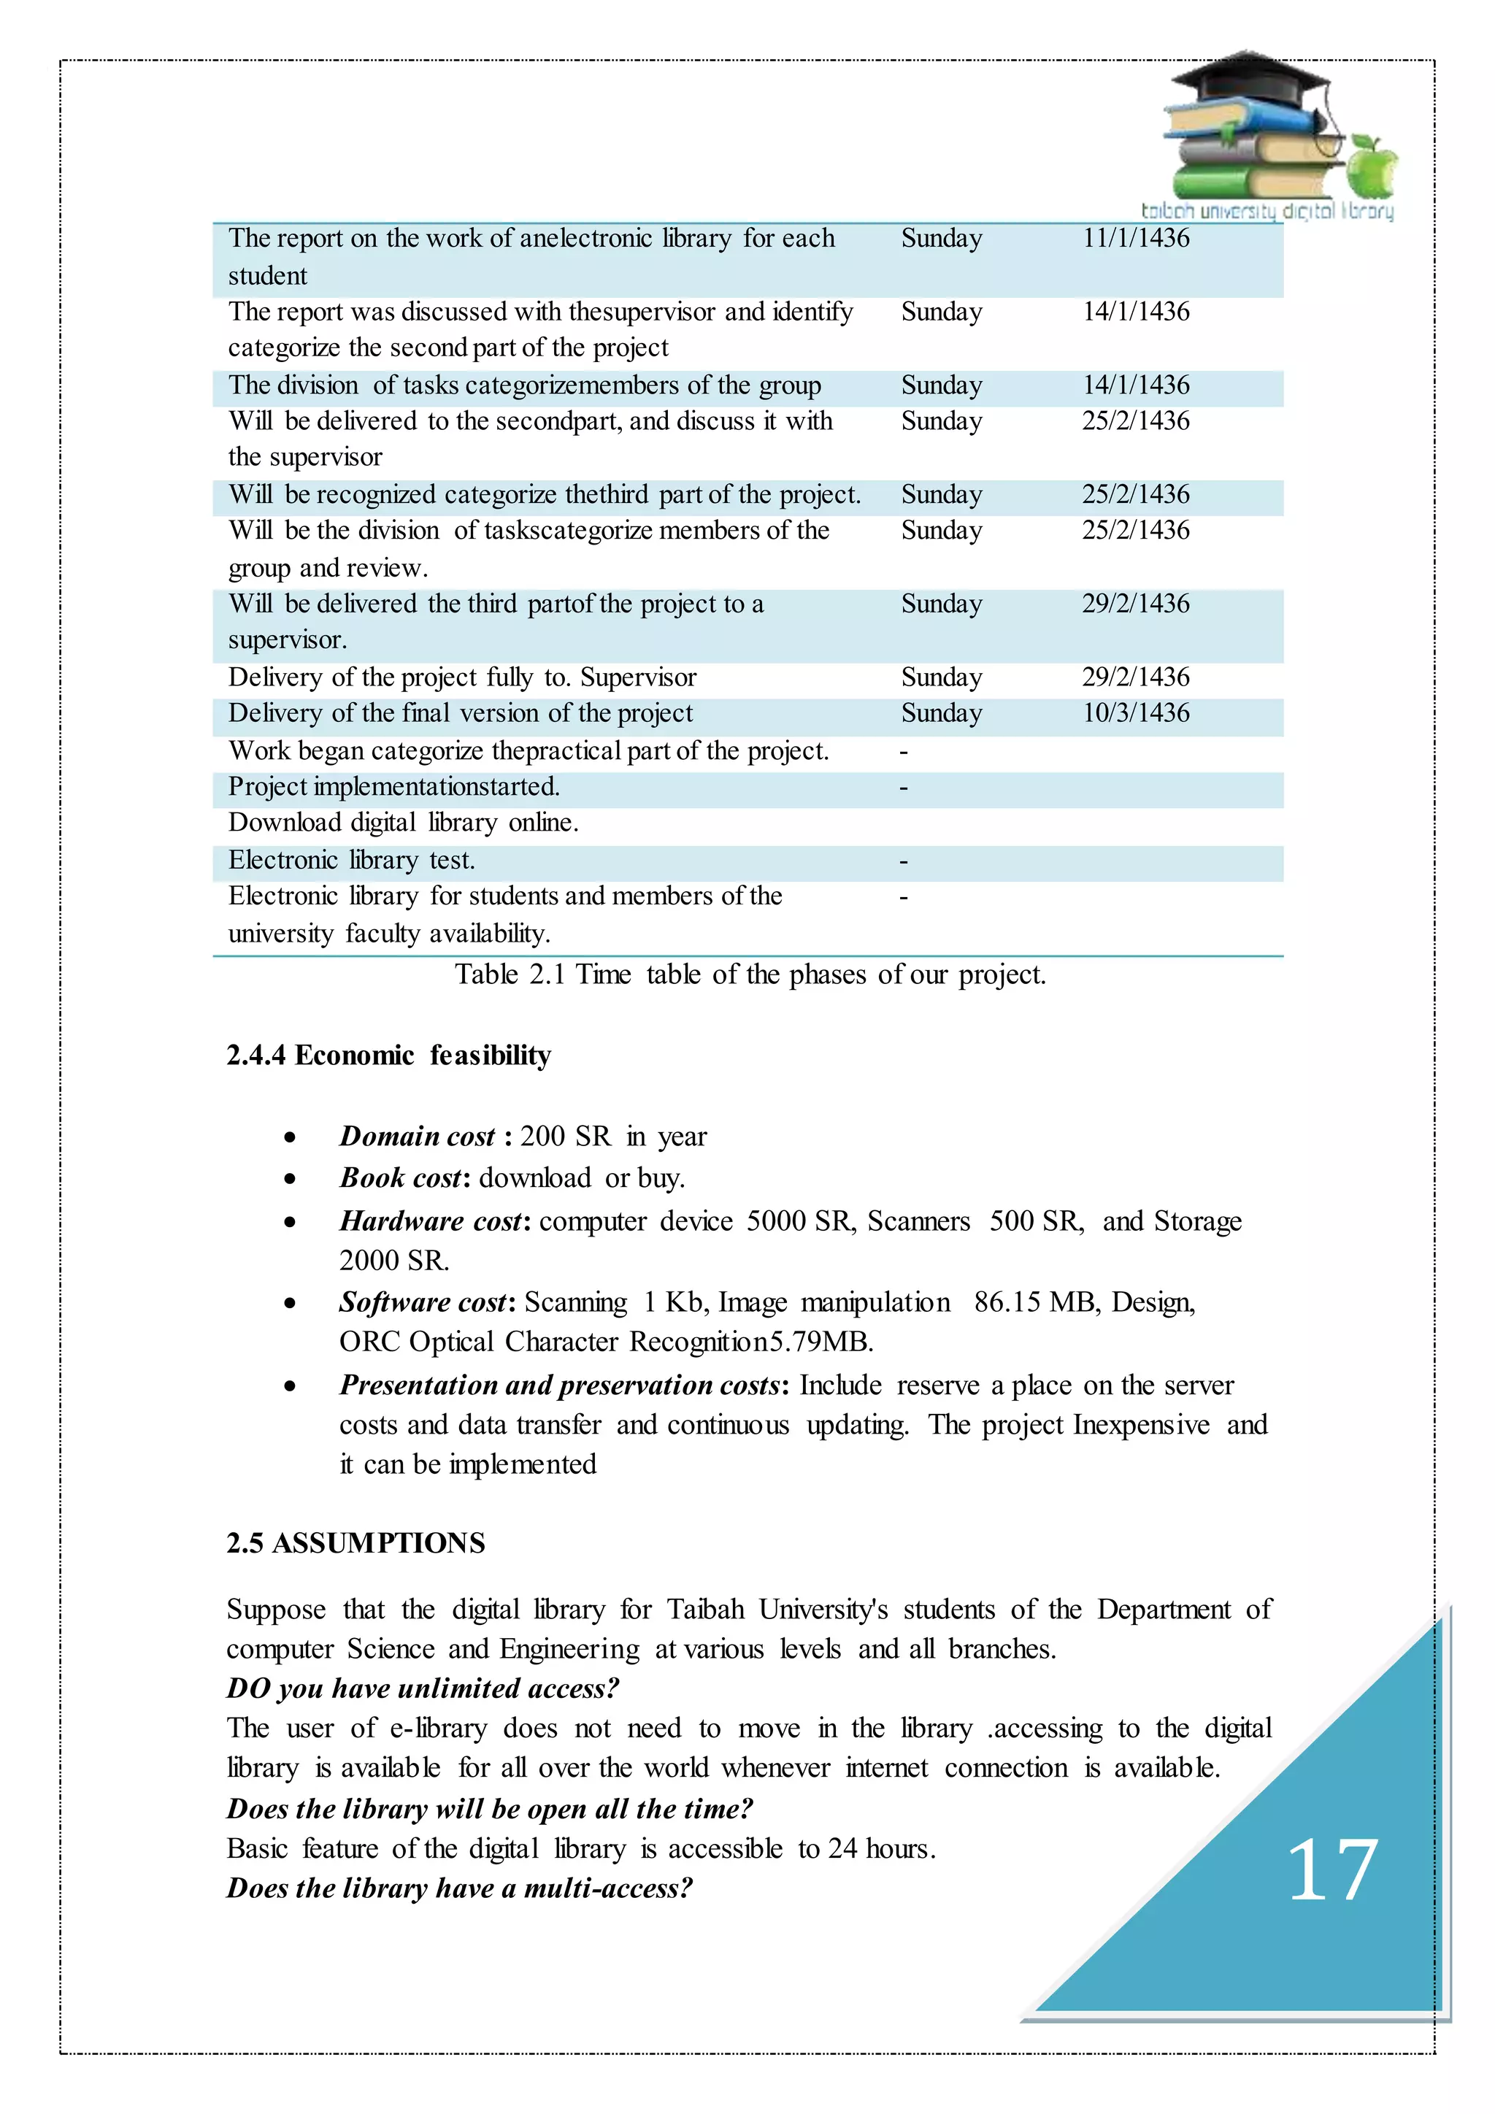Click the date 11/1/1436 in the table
[x=1135, y=239]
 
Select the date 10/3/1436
[x=1135, y=714]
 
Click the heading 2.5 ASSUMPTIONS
[x=356, y=1543]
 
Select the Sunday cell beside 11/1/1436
[x=941, y=239]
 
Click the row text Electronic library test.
[x=352, y=861]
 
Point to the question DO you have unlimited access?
[x=423, y=1688]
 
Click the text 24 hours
[x=880, y=1849]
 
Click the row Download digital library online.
[x=403, y=823]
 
